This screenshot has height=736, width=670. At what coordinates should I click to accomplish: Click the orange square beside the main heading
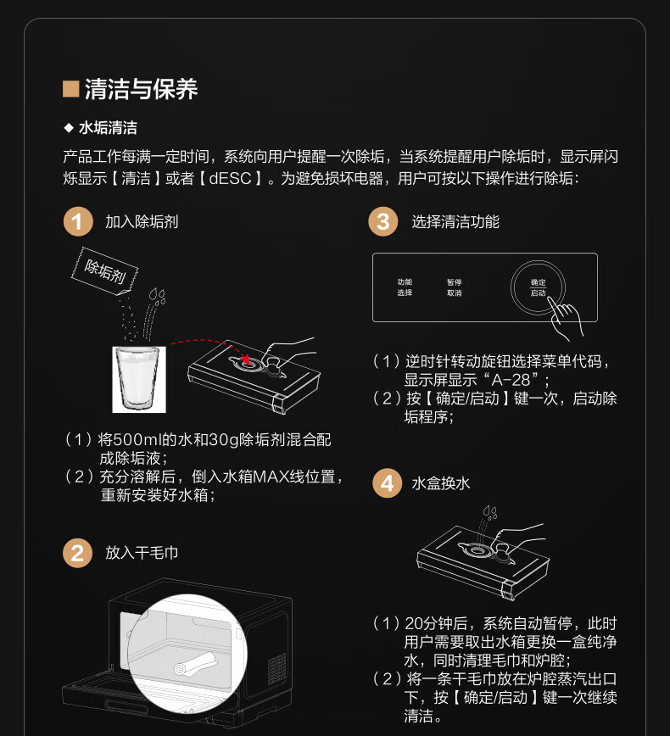71,89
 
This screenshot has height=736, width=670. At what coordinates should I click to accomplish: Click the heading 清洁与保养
142,89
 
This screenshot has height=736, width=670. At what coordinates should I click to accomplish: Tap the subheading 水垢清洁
108,128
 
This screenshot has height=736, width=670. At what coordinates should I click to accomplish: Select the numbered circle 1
78,221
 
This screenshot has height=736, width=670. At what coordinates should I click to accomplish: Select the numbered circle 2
77,553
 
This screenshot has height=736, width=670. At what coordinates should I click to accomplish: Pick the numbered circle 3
383,221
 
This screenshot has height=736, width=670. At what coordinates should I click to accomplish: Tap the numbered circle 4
387,483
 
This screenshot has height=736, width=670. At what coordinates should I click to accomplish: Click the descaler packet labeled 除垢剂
104,271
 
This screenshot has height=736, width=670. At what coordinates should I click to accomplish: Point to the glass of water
139,379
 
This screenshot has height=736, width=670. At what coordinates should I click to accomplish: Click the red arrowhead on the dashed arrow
245,360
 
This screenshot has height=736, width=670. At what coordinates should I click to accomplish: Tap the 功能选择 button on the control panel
405,287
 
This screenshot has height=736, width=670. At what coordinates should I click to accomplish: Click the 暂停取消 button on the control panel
454,287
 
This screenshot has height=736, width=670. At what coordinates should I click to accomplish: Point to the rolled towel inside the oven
196,663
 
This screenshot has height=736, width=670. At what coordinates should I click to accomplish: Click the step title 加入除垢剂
142,221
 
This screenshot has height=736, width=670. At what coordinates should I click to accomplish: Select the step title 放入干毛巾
142,553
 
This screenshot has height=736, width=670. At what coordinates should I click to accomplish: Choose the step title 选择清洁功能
455,221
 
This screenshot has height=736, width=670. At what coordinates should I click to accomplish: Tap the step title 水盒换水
440,483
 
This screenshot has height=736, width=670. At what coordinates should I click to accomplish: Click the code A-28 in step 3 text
511,380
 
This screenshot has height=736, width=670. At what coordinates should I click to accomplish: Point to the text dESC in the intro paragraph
230,178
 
